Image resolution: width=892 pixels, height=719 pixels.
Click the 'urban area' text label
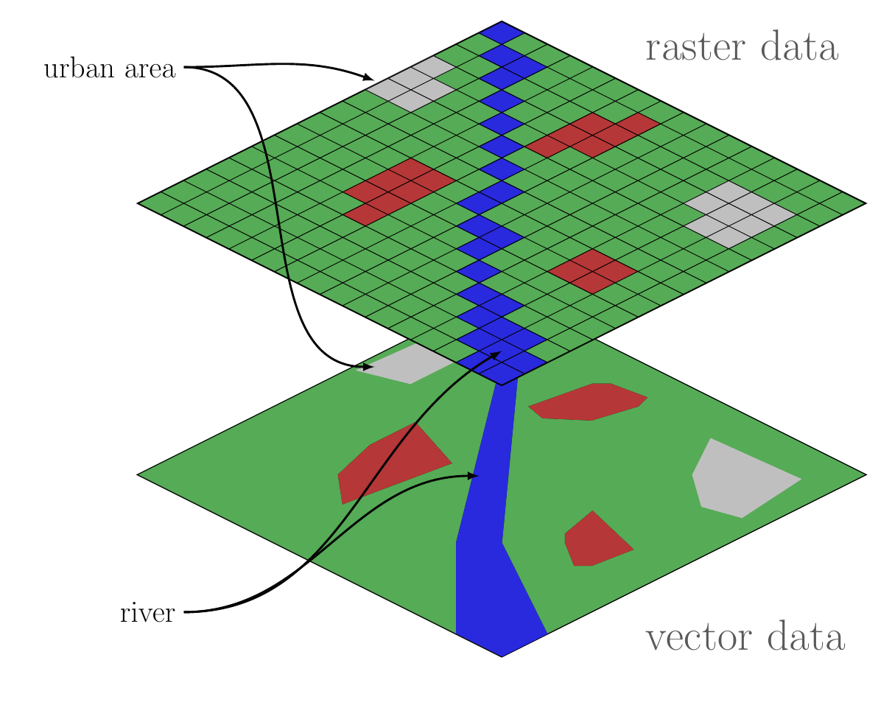pos(110,70)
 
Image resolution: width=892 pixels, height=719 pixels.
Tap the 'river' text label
pos(147,613)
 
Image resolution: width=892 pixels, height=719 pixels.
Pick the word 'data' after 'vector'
pos(805,638)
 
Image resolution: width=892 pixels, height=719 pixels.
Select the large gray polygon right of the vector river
pos(737,479)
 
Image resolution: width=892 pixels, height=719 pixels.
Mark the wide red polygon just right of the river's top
pos(589,402)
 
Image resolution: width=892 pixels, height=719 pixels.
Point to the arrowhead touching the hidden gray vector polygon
pos(368,366)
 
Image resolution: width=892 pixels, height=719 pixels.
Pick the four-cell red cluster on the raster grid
pos(592,270)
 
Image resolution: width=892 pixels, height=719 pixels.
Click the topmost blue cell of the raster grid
pos(502,32)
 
